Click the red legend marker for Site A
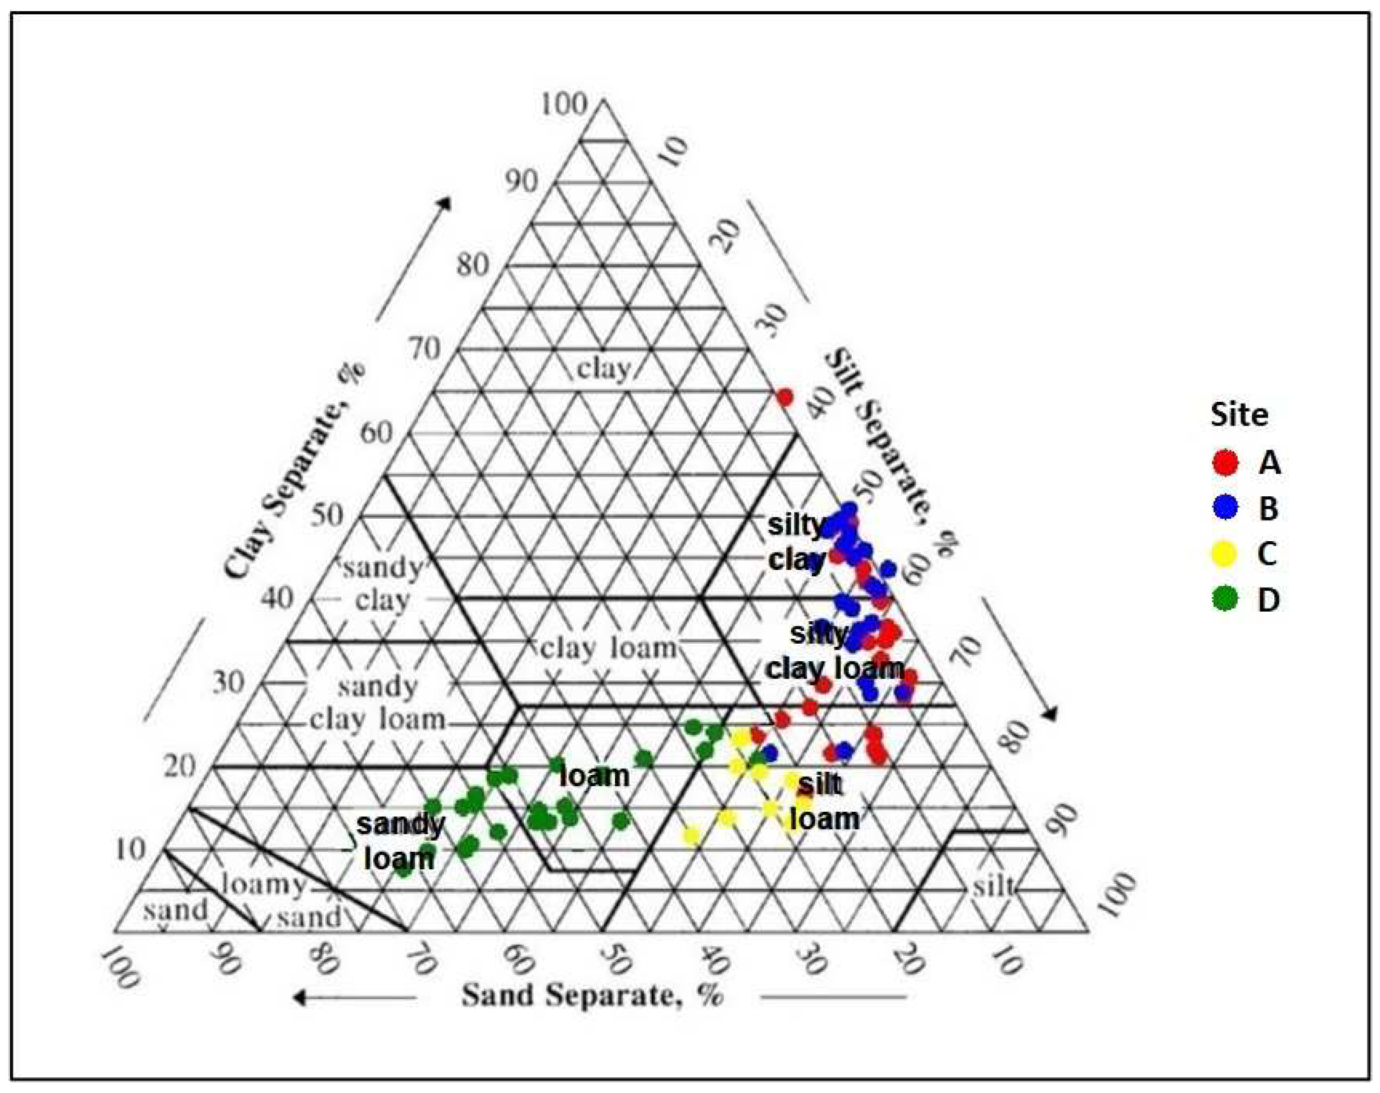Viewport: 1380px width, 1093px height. click(1225, 462)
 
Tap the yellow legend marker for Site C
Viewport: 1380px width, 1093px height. click(1225, 553)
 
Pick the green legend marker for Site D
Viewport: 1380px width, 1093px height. click(1225, 599)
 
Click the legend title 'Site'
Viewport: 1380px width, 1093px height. click(1239, 415)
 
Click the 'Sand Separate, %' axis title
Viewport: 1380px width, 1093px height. click(592, 995)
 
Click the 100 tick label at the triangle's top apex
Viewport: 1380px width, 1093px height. click(563, 104)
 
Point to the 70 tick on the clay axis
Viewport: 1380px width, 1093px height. click(425, 349)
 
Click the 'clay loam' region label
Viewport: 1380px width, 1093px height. click(609, 648)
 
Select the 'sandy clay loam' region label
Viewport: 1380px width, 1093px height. click(377, 702)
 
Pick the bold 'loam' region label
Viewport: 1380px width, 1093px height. click(594, 776)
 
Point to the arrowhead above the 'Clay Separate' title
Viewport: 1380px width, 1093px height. click(444, 203)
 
